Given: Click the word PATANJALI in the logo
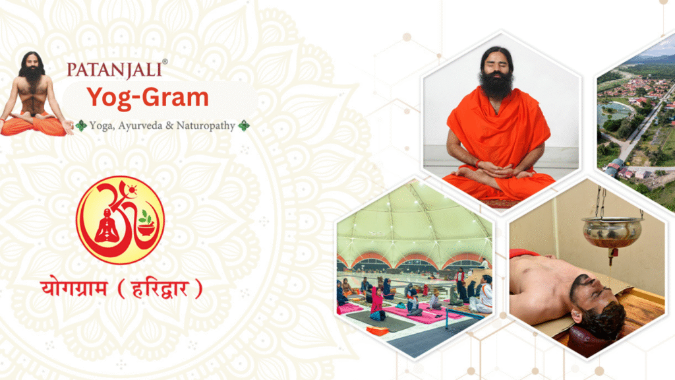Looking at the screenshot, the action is [x=115, y=70].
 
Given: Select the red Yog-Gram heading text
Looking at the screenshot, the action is [x=148, y=98].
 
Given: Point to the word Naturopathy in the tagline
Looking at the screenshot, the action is [x=206, y=126].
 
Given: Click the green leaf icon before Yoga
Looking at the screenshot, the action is [x=81, y=126].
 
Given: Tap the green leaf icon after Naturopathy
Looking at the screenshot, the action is [x=244, y=126].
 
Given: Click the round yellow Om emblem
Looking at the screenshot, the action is [x=120, y=220].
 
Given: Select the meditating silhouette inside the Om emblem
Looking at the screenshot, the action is [x=107, y=226].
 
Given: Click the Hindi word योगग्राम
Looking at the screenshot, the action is [x=74, y=288].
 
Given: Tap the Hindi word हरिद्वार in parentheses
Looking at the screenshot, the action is [x=160, y=289].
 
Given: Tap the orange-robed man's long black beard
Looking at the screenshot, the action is [x=496, y=84].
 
